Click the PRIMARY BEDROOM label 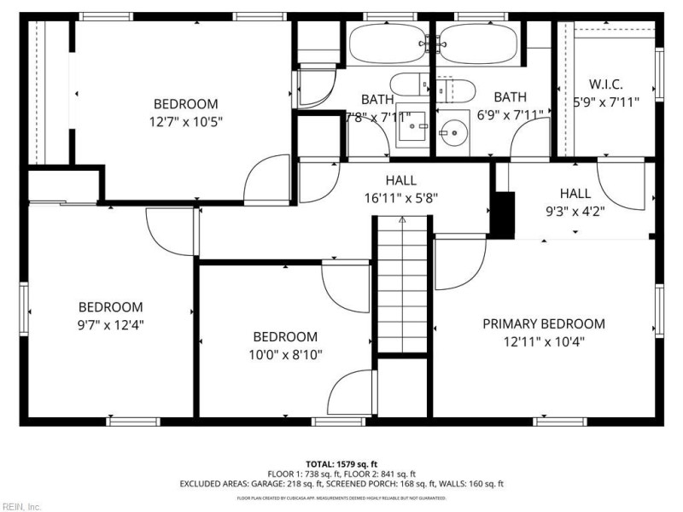point(544,324)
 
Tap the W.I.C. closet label point(605,84)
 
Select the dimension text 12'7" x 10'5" point(185,121)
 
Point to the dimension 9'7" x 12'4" point(110,324)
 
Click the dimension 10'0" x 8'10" point(284,354)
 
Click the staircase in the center point(402,286)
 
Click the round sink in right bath point(454,131)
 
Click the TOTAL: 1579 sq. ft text point(341,463)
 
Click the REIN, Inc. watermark point(21,506)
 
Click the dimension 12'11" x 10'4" point(544,341)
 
